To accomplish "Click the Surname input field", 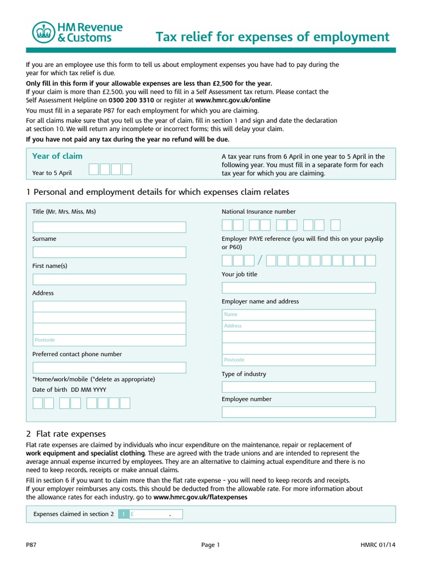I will click(109, 252).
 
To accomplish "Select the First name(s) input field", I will click(109, 279).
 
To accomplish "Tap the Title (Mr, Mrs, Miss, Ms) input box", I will click(109, 227).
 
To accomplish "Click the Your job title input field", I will click(298, 288).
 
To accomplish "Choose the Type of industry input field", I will click(298, 387).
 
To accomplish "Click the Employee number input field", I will click(298, 412).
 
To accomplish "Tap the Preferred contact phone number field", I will click(109, 367).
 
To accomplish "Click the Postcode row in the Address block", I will click(109, 340).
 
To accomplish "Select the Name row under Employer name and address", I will click(298, 314).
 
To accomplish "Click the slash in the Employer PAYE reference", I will click(260, 261).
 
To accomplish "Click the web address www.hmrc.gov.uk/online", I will click(232, 100).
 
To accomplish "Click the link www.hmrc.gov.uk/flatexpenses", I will click(200, 497).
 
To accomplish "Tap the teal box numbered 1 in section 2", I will click(124, 514).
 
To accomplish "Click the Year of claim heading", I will click(57, 156).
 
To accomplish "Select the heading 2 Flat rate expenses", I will click(66, 434).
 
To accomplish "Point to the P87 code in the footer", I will click(31, 545).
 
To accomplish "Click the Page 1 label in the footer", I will click(210, 545).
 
